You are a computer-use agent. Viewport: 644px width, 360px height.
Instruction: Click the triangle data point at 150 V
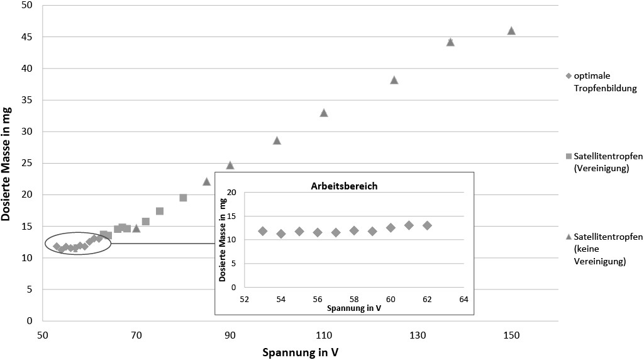pyautogui.click(x=511, y=31)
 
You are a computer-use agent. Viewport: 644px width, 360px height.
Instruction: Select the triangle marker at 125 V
pyautogui.click(x=394, y=80)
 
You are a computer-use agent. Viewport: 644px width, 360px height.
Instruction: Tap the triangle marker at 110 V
pyautogui.click(x=324, y=113)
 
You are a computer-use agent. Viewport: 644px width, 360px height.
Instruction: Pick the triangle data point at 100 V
pyautogui.click(x=277, y=140)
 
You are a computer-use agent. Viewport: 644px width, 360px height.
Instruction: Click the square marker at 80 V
pyautogui.click(x=183, y=198)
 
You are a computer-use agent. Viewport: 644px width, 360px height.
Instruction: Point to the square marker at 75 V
pyautogui.click(x=160, y=211)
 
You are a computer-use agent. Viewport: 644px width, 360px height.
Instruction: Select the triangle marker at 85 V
pyautogui.click(x=206, y=181)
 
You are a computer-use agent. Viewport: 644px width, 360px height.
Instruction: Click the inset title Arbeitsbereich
pyautogui.click(x=343, y=186)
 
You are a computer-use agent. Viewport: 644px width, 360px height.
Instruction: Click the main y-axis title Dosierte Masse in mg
pyautogui.click(x=8, y=162)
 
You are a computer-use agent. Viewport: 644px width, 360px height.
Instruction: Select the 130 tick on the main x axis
pyautogui.click(x=418, y=335)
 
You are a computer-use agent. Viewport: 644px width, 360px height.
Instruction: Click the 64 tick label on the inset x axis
pyautogui.click(x=464, y=299)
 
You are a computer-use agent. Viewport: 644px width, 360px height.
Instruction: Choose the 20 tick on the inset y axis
pyautogui.click(x=232, y=192)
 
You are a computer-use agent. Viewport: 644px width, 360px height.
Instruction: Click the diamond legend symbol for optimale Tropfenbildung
pyautogui.click(x=569, y=77)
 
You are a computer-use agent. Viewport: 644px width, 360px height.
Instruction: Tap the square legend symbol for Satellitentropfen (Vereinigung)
pyautogui.click(x=569, y=156)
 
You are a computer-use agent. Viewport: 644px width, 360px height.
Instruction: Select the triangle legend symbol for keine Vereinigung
pyautogui.click(x=569, y=236)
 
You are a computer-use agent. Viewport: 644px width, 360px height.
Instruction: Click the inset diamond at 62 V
pyautogui.click(x=427, y=225)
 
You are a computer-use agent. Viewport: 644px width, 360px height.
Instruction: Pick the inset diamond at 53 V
pyautogui.click(x=263, y=231)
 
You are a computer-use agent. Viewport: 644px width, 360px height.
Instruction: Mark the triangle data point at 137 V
pyautogui.click(x=450, y=42)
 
